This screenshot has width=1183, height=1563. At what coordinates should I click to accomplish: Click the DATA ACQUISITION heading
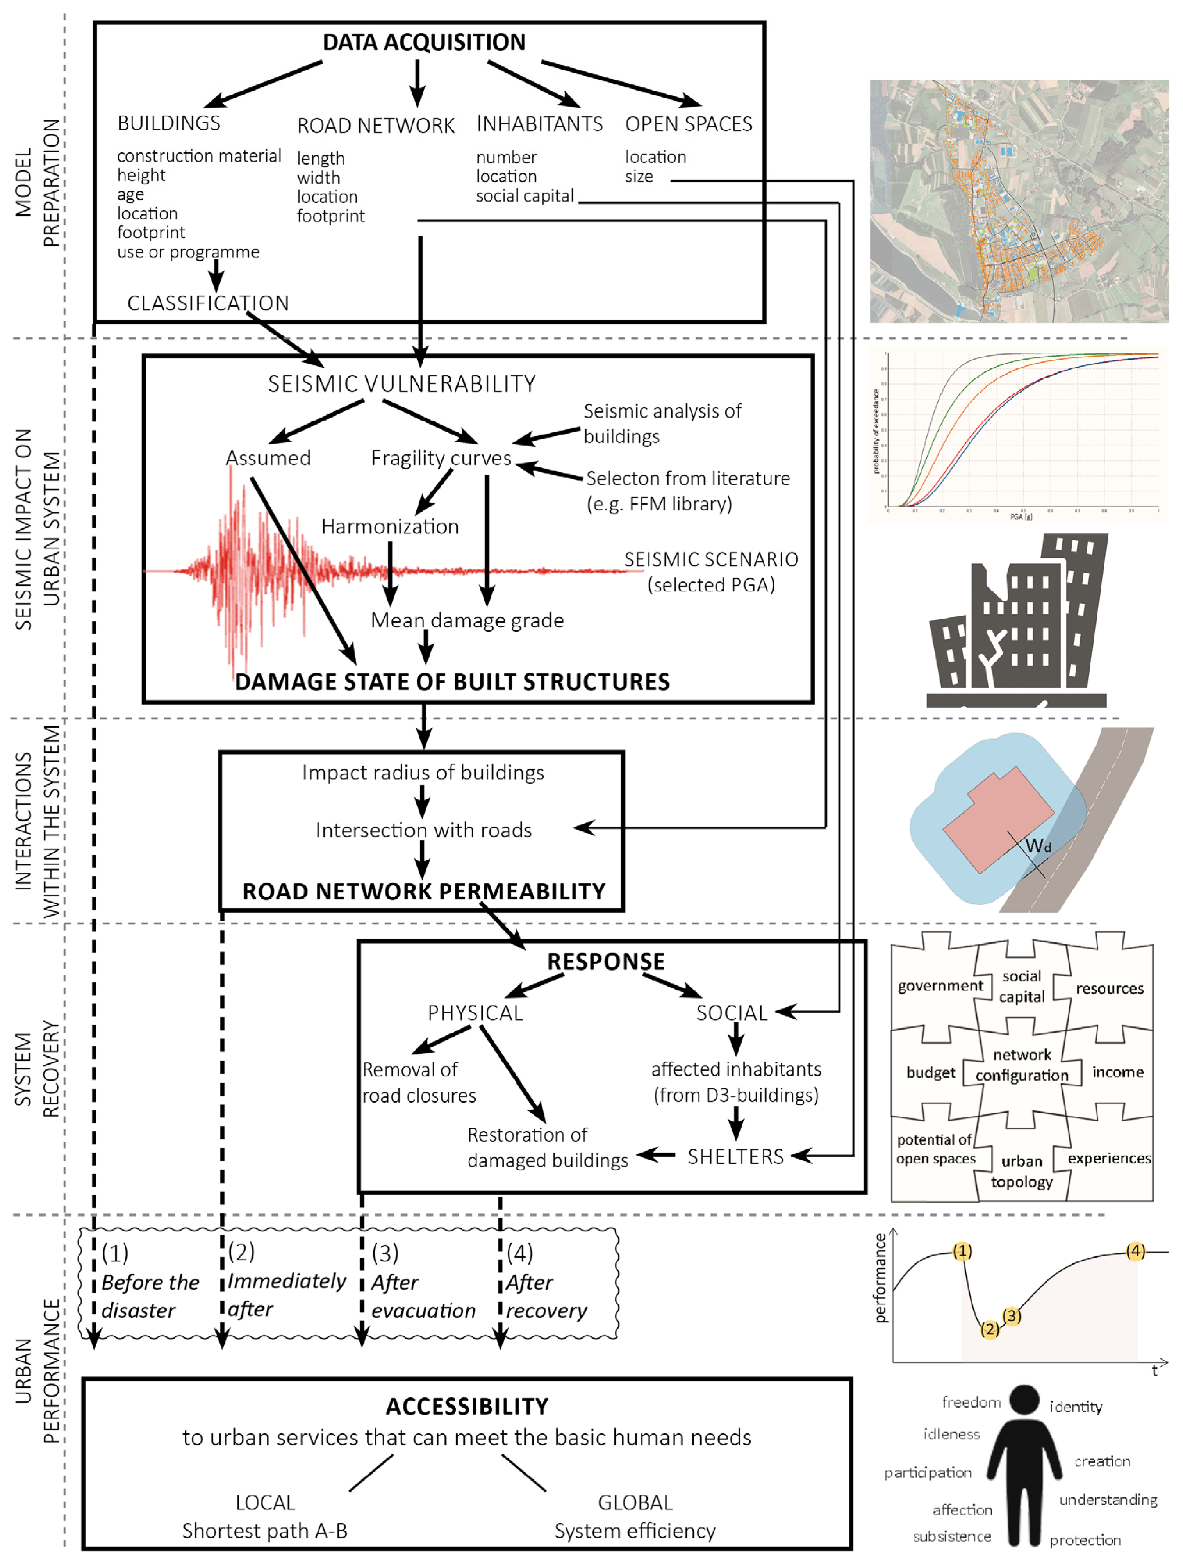tap(424, 43)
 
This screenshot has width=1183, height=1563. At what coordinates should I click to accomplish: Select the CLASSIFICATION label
tap(209, 303)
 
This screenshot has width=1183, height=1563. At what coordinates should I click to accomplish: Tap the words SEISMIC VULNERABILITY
tap(401, 384)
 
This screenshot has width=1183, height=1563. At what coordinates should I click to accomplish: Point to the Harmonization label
tap(390, 526)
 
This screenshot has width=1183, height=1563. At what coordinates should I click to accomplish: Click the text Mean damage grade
tap(467, 620)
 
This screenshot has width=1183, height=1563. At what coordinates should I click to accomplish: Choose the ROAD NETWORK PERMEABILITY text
tap(424, 892)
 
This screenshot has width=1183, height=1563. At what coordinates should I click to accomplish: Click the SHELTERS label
tap(736, 1157)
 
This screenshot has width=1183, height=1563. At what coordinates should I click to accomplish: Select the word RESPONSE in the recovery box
tap(606, 962)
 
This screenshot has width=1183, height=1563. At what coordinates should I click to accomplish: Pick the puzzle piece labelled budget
tap(931, 1072)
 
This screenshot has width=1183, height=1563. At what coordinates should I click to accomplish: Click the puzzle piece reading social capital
tap(1022, 987)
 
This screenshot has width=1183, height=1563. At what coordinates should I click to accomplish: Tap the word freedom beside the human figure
tap(971, 1402)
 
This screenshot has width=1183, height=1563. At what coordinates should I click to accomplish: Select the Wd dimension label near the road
tap(1037, 845)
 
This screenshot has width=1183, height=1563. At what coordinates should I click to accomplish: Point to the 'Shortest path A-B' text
tap(265, 1531)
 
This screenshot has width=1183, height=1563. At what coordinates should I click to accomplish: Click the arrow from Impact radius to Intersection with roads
tap(423, 802)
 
